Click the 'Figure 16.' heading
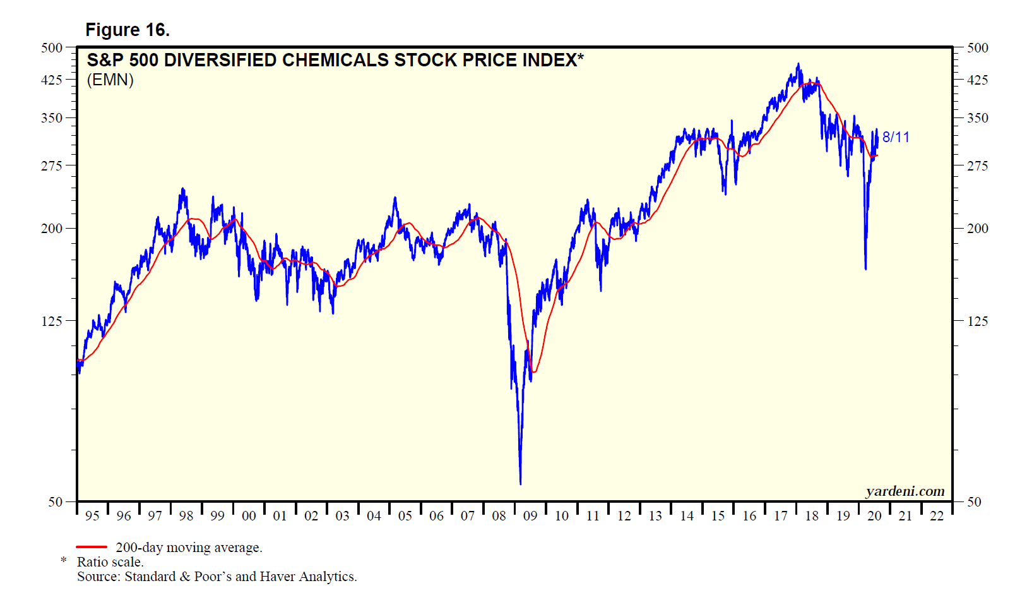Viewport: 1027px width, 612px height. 128,30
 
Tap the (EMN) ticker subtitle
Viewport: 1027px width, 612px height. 110,80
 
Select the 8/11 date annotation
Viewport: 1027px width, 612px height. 896,137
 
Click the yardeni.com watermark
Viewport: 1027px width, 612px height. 905,491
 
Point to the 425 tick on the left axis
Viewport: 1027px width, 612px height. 52,80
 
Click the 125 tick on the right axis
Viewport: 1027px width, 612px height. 978,321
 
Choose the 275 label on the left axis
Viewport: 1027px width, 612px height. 52,165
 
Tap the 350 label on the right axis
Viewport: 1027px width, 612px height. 978,118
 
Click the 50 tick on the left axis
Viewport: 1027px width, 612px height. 56,502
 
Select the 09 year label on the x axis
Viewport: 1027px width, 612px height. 530,516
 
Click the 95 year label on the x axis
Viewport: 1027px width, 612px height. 92,516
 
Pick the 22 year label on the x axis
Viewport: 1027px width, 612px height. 937,516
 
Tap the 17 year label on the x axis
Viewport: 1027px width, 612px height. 781,516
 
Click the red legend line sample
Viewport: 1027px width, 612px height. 92,547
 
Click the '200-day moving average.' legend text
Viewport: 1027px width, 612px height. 189,548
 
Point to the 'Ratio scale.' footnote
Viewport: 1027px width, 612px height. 110,562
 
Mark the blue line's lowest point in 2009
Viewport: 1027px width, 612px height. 520,484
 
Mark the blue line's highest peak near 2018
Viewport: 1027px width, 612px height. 798,64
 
